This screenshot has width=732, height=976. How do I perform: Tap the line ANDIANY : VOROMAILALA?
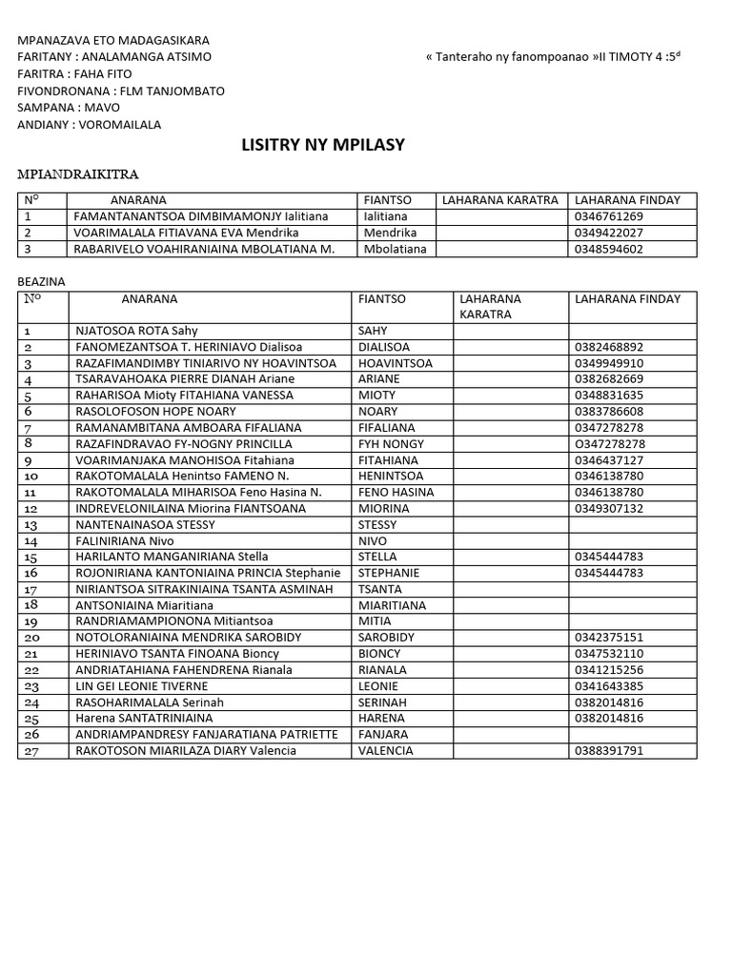pyautogui.click(x=90, y=124)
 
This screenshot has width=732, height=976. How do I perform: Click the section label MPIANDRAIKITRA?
pyautogui.click(x=79, y=174)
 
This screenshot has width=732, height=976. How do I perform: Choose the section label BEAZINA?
pyautogui.click(x=44, y=282)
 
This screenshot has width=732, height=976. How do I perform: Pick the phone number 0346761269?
pyautogui.click(x=608, y=216)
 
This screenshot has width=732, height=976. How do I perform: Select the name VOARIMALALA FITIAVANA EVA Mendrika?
pyautogui.click(x=187, y=233)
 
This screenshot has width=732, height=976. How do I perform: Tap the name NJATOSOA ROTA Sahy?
pyautogui.click(x=137, y=331)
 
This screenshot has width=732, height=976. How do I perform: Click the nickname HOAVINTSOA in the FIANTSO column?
pyautogui.click(x=395, y=363)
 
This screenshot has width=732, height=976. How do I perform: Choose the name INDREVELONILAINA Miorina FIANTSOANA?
pyautogui.click(x=191, y=508)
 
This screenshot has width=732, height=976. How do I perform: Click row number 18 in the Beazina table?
pyautogui.click(x=30, y=604)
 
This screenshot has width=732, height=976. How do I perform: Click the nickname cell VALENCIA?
pyautogui.click(x=385, y=750)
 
